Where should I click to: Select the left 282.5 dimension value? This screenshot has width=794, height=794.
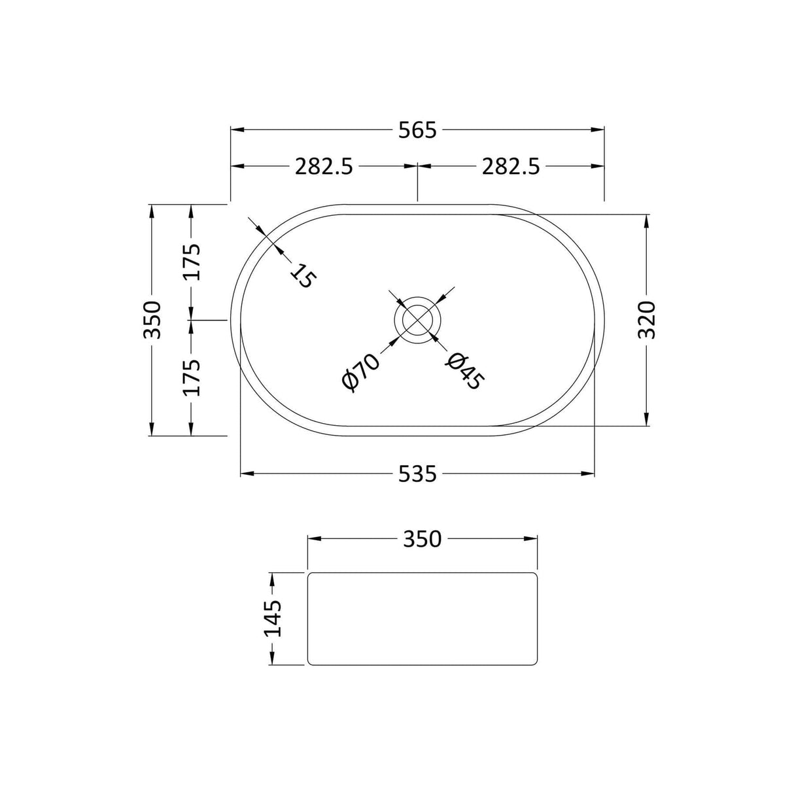(324, 167)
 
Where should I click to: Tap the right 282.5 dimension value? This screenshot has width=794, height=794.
(511, 167)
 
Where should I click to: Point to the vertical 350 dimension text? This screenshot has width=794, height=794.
(152, 320)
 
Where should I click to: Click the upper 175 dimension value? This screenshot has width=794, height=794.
(191, 262)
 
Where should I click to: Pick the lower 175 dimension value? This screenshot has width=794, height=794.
(191, 377)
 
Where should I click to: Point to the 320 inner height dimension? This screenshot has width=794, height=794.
(646, 320)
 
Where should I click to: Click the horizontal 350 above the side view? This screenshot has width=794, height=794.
(422, 539)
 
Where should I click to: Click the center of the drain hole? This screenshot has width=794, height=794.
(417, 320)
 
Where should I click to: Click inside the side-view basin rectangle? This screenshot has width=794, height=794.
(422, 619)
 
